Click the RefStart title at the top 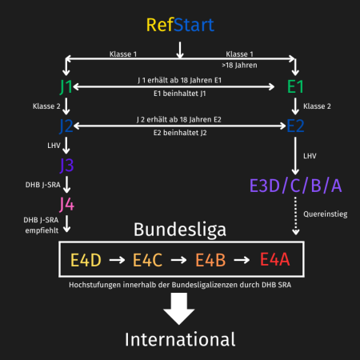click(180, 25)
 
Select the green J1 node click(66, 86)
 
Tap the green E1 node click(295, 86)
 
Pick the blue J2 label click(66, 126)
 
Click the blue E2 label click(295, 126)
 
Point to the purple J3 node click(66, 166)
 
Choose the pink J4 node click(67, 205)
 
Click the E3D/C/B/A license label click(295, 186)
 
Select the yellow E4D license click(86, 260)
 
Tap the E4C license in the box click(147, 260)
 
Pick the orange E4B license click(210, 260)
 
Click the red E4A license click(274, 259)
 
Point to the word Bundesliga click(180, 230)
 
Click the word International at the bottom click(180, 339)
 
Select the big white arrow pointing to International click(179, 309)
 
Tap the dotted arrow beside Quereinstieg click(295, 216)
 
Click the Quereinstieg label click(326, 214)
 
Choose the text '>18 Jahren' click(239, 66)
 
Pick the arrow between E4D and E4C click(117, 260)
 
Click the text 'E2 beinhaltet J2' click(180, 133)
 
